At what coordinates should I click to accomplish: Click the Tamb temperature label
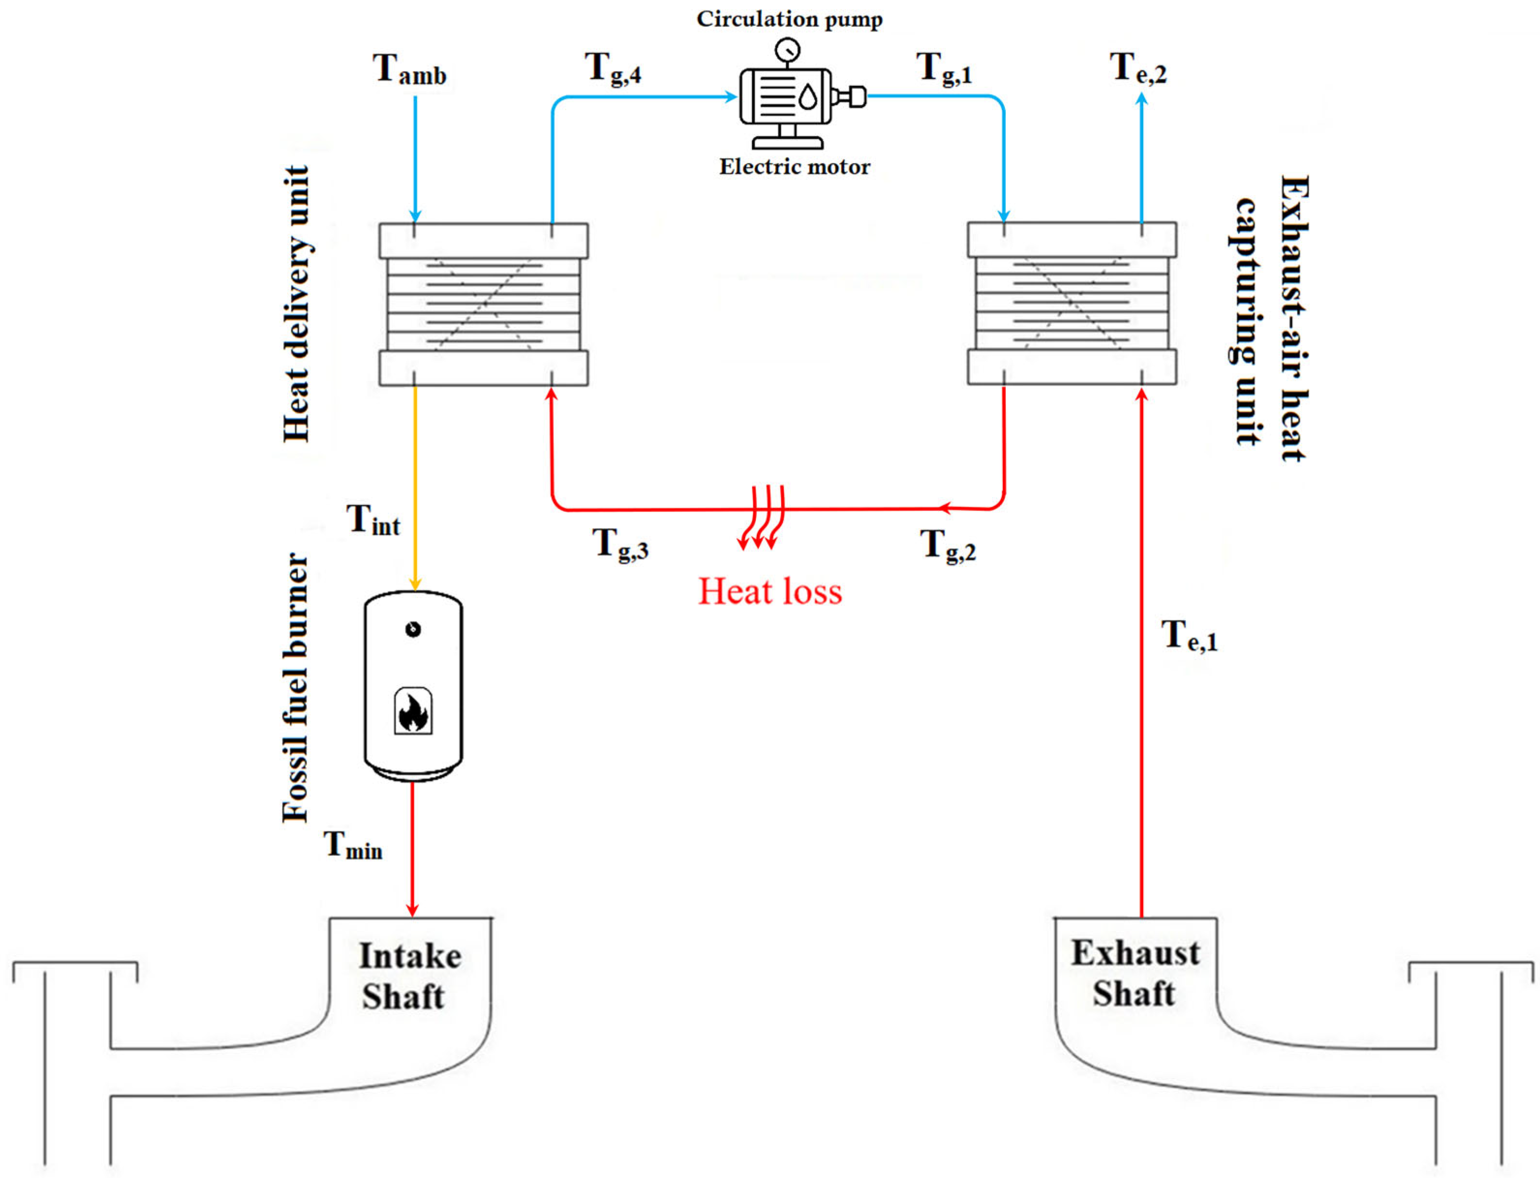[409, 70]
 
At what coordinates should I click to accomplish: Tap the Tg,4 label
[612, 69]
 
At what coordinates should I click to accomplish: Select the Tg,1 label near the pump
[944, 69]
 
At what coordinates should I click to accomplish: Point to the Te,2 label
[1137, 69]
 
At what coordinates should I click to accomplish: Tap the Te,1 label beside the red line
[1190, 636]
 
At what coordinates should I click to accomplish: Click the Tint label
[373, 521]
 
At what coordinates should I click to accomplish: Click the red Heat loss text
[770, 591]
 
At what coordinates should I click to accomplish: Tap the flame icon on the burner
[413, 712]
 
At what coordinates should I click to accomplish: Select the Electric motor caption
[794, 167]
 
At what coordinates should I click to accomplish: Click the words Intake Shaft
[409, 976]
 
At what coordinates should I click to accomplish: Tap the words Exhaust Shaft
[1134, 973]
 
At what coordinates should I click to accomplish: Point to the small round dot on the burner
[413, 629]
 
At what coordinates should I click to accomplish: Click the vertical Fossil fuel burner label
[295, 688]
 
